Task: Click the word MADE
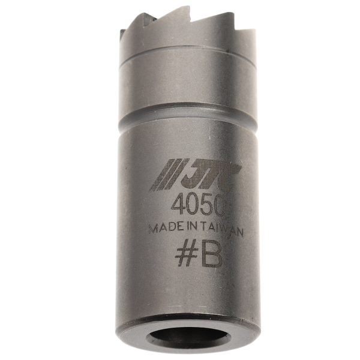[x=163, y=229]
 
